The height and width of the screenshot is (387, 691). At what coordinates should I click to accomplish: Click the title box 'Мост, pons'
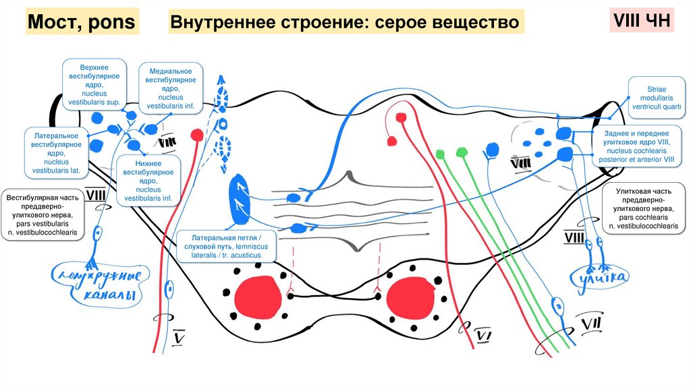tap(81, 24)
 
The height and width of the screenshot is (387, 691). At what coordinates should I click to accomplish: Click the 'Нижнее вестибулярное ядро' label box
tap(148, 180)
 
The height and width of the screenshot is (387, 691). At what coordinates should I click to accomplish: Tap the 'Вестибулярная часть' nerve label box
tap(42, 215)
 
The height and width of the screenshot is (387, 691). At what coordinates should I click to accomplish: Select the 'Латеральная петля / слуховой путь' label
tap(225, 247)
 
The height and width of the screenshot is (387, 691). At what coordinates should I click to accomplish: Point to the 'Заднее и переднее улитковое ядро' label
tap(640, 147)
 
